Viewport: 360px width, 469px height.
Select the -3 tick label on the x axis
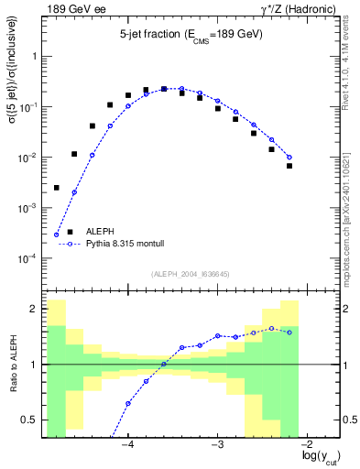point(217,443)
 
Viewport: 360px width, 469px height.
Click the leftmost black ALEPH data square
point(56,188)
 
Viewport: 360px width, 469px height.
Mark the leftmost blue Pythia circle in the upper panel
point(56,234)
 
